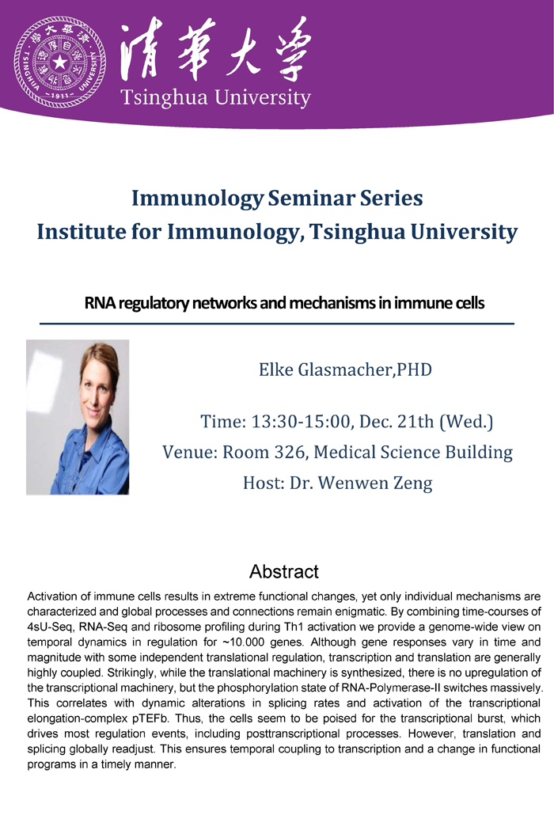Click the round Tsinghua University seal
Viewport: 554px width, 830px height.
click(60, 63)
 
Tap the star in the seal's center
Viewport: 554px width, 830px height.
click(60, 63)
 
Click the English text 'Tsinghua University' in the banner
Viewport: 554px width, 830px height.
click(215, 98)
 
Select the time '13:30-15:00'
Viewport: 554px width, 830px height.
click(301, 422)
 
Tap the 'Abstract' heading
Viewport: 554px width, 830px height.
click(284, 572)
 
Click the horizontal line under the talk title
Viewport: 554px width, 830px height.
click(277, 324)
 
